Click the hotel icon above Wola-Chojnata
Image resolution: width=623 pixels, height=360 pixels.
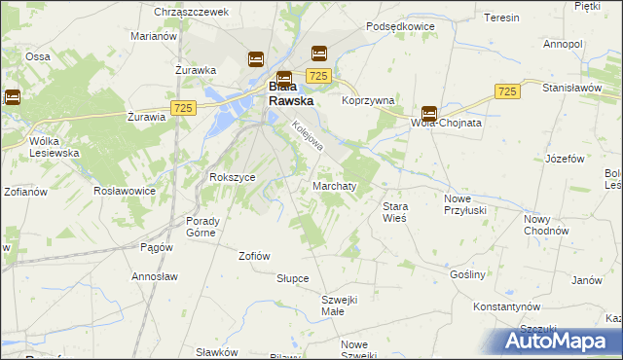click(x=429, y=113)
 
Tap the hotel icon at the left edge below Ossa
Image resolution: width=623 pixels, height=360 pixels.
click(x=13, y=96)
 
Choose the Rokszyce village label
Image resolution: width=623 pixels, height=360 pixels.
click(x=233, y=177)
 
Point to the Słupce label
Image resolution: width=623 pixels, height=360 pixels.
click(x=292, y=278)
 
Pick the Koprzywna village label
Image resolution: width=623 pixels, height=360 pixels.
click(x=368, y=100)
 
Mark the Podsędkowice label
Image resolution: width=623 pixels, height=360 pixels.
click(x=400, y=27)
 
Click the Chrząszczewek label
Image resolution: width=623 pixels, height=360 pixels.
click(x=191, y=12)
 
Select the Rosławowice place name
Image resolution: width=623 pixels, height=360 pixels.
click(x=125, y=191)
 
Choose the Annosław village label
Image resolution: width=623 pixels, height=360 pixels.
click(x=158, y=276)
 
